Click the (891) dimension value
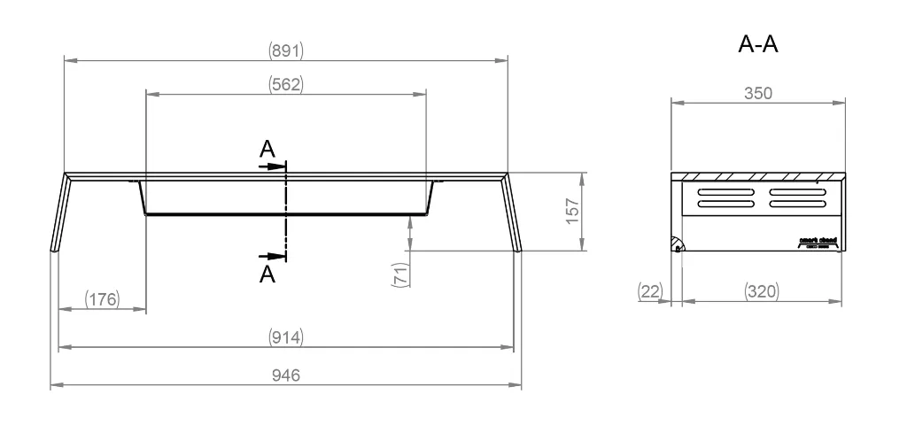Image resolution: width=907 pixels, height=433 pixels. point(286,50)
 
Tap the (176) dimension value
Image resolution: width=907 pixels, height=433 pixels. point(102,298)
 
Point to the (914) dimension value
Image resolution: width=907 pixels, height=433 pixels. point(286,337)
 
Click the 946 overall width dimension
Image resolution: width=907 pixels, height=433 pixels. point(286,376)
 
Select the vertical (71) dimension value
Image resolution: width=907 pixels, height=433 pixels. point(399,275)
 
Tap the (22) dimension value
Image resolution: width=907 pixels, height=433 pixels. point(650,290)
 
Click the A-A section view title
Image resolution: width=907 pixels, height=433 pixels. point(758,45)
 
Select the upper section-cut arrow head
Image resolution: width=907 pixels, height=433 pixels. point(278,165)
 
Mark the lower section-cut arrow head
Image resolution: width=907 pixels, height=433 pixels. point(278,258)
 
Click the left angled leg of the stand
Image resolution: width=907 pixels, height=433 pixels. point(60,213)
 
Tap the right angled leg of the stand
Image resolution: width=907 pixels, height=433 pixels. point(513,213)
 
